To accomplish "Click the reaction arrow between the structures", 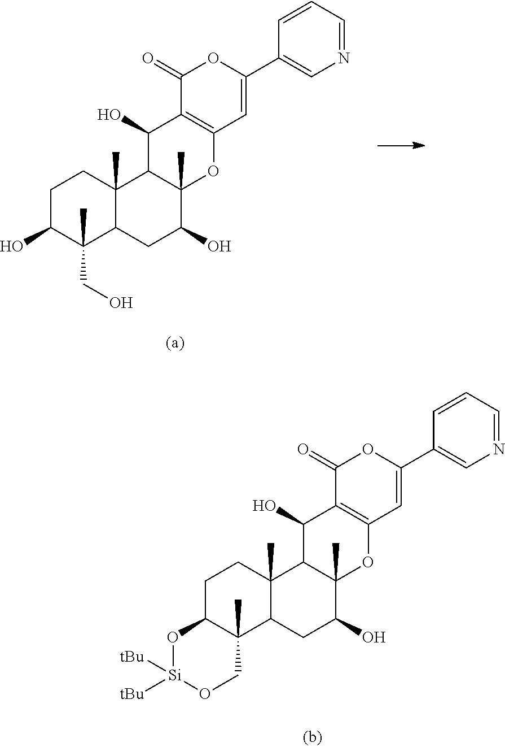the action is pos(401,146).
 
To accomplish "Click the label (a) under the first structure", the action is pos(175,343).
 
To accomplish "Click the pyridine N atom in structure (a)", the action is pos(344,57).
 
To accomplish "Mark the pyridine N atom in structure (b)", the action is pos(498,449).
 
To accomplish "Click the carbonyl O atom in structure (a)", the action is pos(149,58).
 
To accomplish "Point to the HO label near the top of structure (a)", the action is pos(108,116).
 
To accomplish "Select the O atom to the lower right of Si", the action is pos(205,693).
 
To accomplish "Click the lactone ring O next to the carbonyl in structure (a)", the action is pos(213,58).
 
